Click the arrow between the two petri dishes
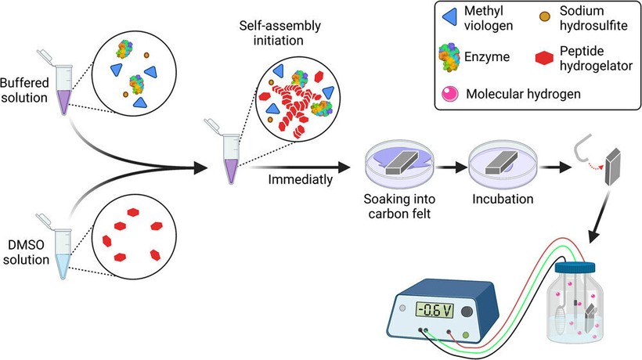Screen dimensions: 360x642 click(x=450, y=167)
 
